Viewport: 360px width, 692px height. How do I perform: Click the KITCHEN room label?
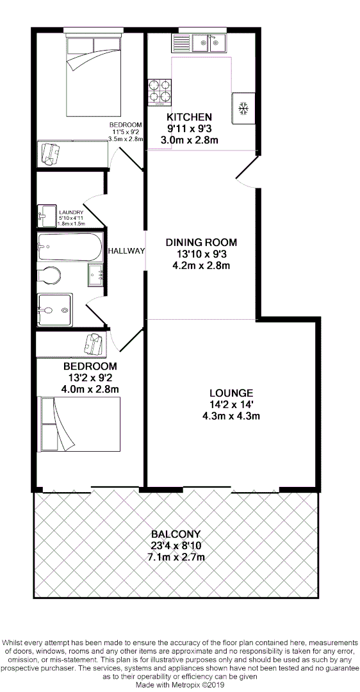point(189,117)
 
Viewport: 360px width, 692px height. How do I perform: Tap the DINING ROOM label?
point(201,242)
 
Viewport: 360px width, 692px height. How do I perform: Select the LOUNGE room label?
point(231,393)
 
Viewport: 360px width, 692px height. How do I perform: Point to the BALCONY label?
point(176,534)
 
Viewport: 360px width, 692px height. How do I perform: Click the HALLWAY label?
point(126,251)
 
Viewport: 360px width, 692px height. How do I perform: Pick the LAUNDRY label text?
point(72,212)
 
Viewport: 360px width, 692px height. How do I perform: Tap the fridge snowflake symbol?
point(243,109)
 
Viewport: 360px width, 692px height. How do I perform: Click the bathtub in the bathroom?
point(69,247)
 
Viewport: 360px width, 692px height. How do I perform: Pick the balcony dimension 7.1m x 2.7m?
point(176,557)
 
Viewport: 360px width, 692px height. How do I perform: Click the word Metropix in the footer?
point(184,684)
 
